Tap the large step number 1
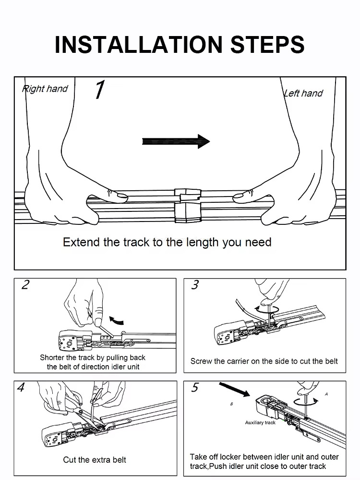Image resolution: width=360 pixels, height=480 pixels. click(99, 90)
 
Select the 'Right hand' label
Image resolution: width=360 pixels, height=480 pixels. click(45, 89)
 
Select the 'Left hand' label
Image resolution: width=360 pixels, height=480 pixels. click(303, 93)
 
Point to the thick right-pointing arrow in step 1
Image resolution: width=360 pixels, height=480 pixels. click(176, 141)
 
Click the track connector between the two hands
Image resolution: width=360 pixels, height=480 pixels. click(187, 204)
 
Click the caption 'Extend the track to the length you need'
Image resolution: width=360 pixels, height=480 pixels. click(167, 242)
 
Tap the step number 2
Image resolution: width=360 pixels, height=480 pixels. click(25, 285)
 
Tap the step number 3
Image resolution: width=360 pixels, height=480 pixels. click(194, 285)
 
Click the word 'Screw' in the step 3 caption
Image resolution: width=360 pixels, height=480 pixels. click(201, 361)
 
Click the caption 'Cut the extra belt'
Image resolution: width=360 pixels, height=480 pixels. click(95, 460)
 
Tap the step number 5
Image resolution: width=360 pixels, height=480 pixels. click(194, 388)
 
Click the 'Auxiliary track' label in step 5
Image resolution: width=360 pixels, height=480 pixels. click(260, 423)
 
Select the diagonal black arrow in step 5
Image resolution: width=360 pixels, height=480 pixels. click(235, 390)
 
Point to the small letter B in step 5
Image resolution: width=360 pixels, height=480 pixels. click(231, 404)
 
